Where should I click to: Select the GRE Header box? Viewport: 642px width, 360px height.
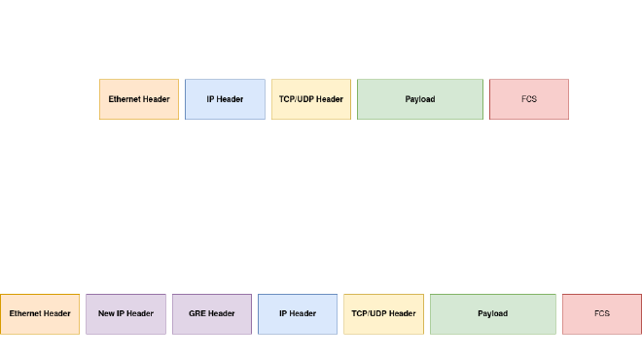point(212,313)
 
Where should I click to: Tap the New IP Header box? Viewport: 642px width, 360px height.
point(126,313)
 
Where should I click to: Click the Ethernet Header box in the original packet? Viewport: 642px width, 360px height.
point(139,99)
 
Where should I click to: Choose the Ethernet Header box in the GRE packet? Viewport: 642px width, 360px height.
point(40,313)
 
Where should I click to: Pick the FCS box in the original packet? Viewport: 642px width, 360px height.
point(529,99)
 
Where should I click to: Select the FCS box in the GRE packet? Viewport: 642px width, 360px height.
point(602,313)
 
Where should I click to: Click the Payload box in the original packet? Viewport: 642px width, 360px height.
point(420,99)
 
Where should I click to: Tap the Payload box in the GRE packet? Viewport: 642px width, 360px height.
point(492,313)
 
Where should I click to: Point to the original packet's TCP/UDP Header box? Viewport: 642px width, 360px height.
point(311,99)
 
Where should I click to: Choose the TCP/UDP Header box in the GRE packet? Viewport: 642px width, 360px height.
point(383,313)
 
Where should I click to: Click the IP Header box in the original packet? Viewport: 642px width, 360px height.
point(225,99)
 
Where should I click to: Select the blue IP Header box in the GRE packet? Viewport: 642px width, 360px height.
point(298,313)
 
